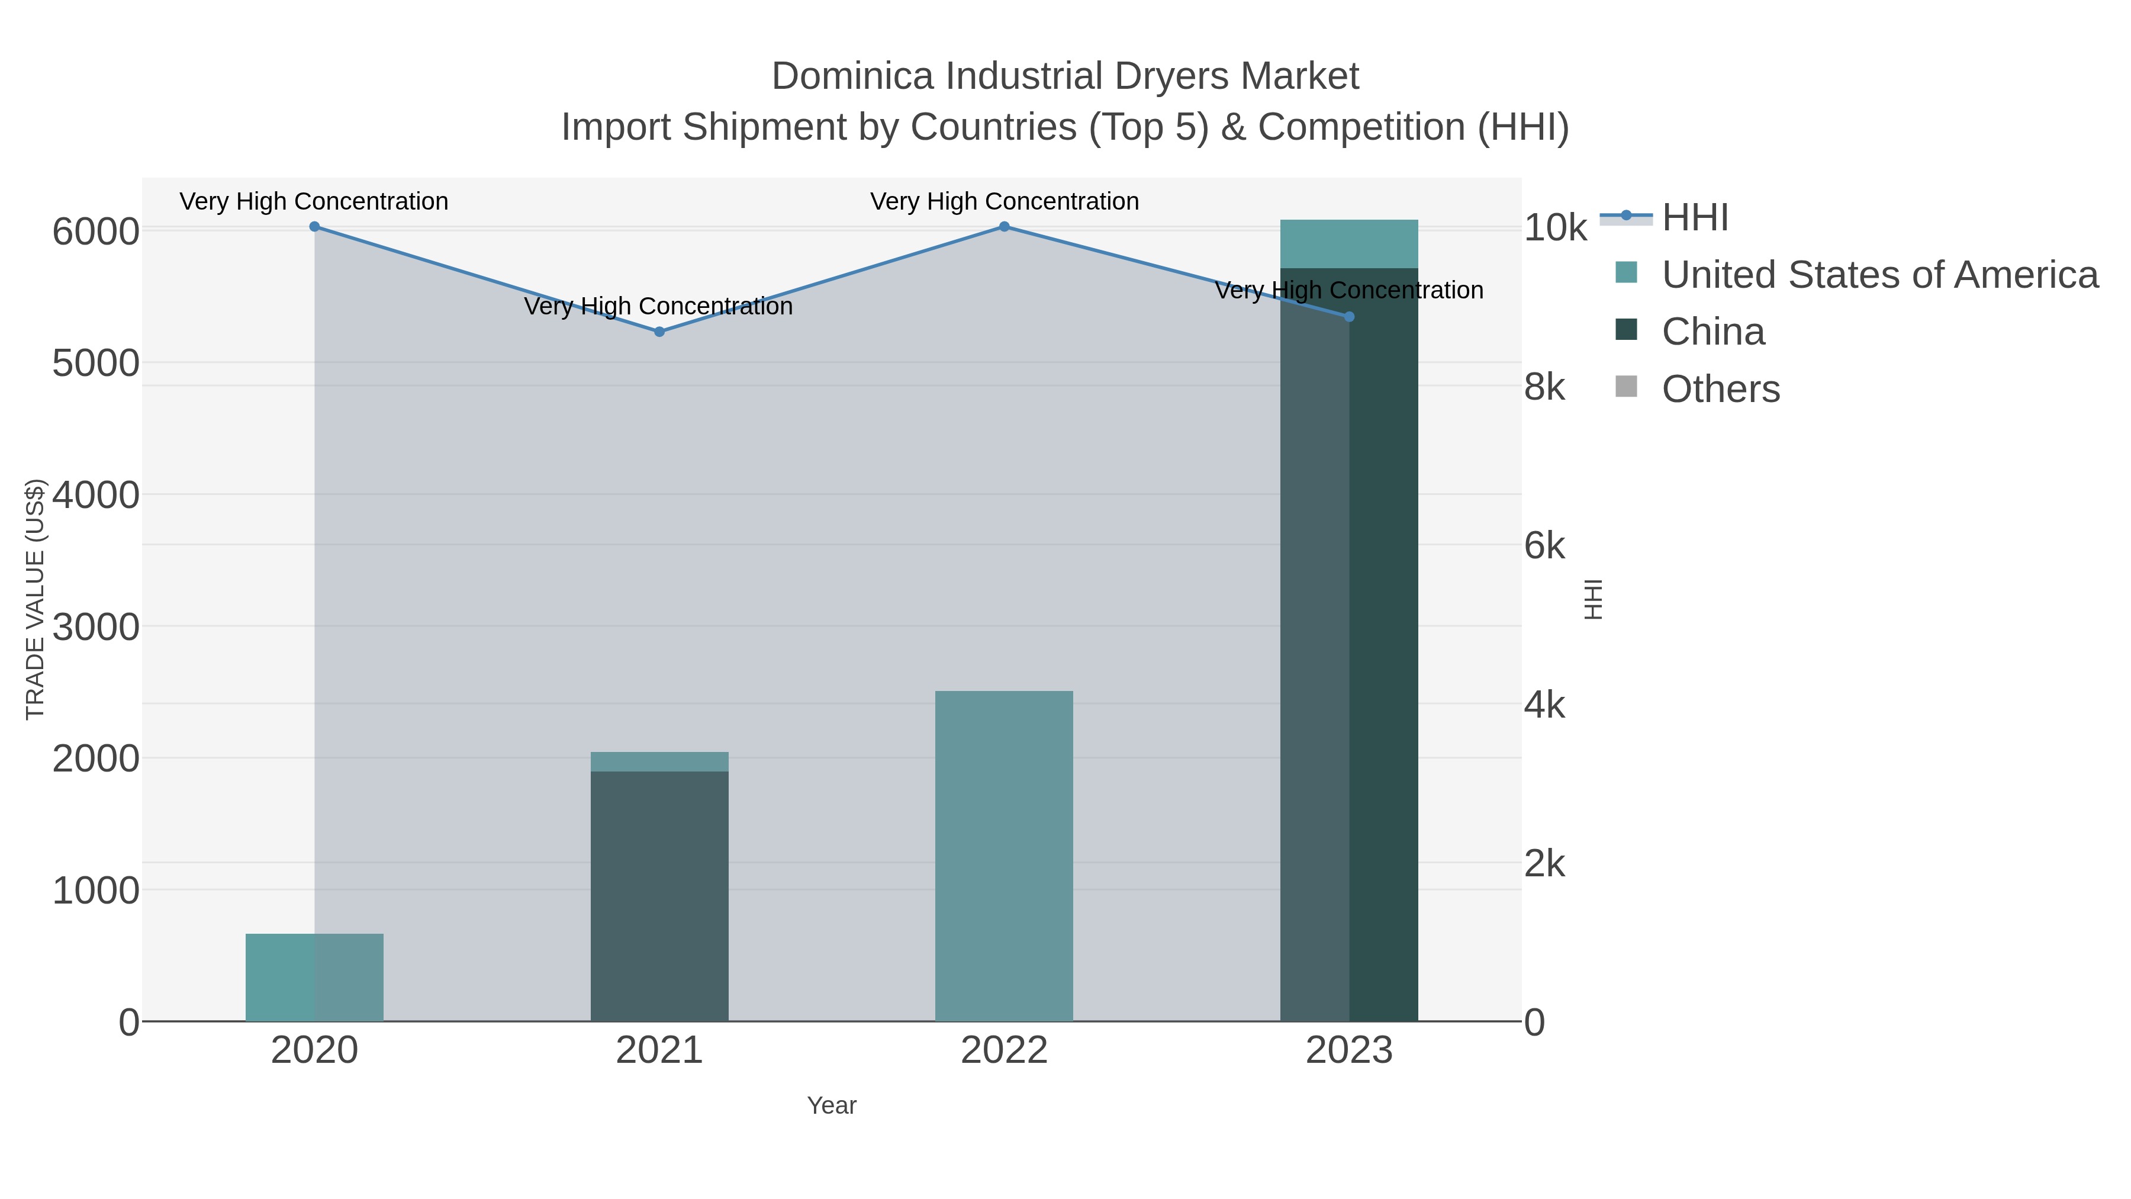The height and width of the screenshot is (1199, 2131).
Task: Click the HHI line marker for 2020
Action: [x=314, y=227]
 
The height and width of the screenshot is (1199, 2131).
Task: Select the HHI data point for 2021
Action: [x=659, y=332]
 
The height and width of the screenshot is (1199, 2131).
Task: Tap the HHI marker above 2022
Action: [x=1005, y=227]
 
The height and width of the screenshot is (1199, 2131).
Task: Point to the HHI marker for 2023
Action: [x=1349, y=317]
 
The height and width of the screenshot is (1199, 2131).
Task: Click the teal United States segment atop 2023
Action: [x=1349, y=244]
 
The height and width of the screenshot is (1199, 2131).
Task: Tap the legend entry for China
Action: [x=1712, y=332]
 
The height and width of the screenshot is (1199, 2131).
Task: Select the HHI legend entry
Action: [x=1694, y=218]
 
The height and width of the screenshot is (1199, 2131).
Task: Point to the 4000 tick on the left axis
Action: [x=95, y=496]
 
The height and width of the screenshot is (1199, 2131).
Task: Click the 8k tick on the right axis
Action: [x=1544, y=387]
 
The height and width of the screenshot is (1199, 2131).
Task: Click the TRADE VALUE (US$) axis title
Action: [x=35, y=599]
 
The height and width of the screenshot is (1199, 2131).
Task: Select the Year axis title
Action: [x=832, y=1105]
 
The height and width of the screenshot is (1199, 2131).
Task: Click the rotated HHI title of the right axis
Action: [x=1594, y=599]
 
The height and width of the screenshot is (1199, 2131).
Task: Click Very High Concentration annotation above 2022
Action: [x=1005, y=202]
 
